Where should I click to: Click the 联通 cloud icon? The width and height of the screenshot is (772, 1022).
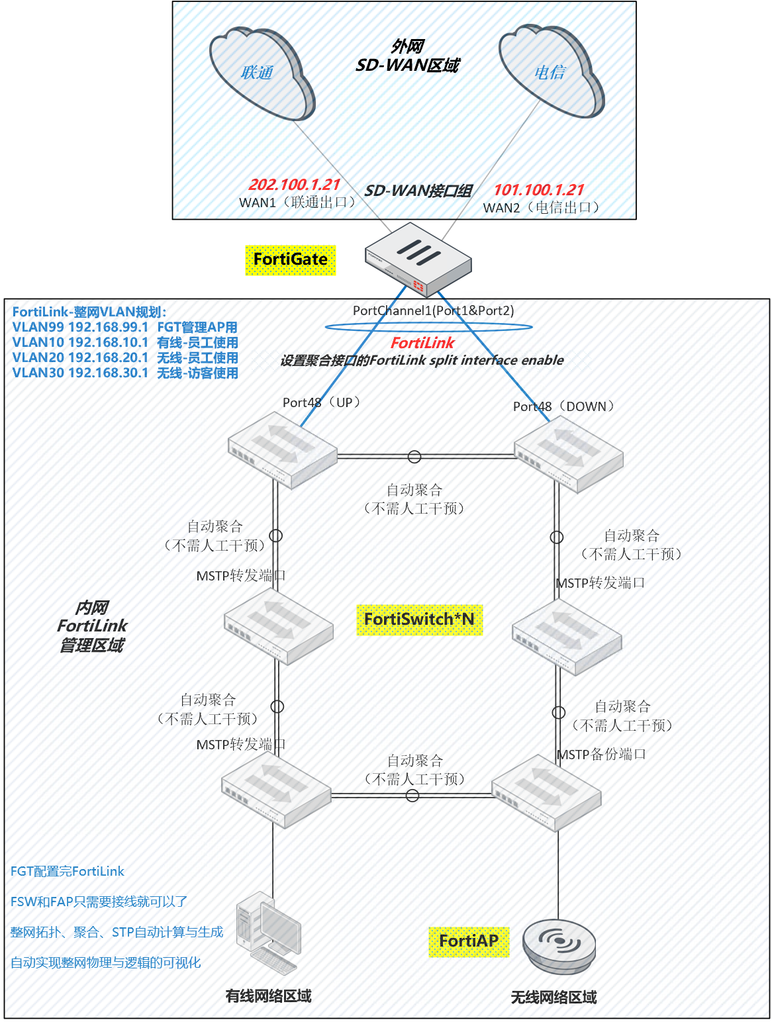pos(262,73)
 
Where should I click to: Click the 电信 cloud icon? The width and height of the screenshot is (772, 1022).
pos(551,71)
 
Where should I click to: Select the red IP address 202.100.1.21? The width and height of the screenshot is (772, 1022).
pos(294,185)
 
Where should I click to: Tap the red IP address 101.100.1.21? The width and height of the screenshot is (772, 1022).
pos(539,190)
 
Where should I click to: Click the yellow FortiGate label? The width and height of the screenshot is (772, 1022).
pos(291,259)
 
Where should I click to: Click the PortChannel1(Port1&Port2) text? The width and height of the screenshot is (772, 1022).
pos(433,310)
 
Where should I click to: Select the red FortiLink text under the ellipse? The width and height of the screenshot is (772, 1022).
pos(422,343)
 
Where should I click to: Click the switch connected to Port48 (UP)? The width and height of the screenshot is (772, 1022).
pos(283,450)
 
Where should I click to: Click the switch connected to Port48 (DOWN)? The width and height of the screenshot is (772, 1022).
pos(569,454)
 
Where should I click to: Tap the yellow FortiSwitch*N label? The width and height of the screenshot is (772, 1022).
pos(419,620)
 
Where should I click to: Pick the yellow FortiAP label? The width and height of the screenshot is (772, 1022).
pos(469,941)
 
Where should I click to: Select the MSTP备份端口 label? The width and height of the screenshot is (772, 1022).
pos(601,755)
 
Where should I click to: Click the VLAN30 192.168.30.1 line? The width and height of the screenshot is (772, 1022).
pos(125,373)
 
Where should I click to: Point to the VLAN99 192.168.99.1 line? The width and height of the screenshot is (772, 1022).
pos(125,327)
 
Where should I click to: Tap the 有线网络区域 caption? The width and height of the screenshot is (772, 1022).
pos(268,996)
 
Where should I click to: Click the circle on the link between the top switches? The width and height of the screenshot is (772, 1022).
pos(414,457)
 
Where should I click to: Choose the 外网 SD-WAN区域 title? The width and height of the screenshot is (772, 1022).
pos(407,56)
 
